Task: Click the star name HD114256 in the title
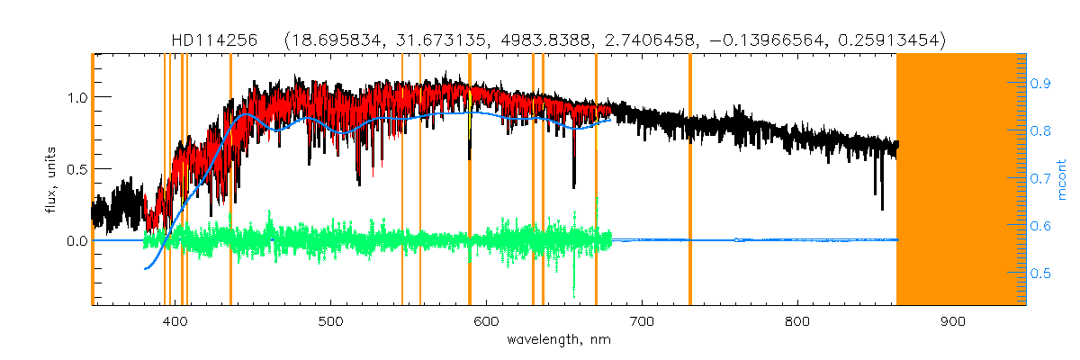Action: click(x=214, y=40)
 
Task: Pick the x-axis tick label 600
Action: click(x=486, y=321)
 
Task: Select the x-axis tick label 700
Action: click(x=642, y=321)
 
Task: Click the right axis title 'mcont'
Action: click(x=1063, y=180)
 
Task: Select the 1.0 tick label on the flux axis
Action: click(x=76, y=97)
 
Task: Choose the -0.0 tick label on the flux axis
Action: click(x=76, y=241)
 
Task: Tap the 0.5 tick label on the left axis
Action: click(x=76, y=169)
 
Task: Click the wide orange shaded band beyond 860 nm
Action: click(x=961, y=180)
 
